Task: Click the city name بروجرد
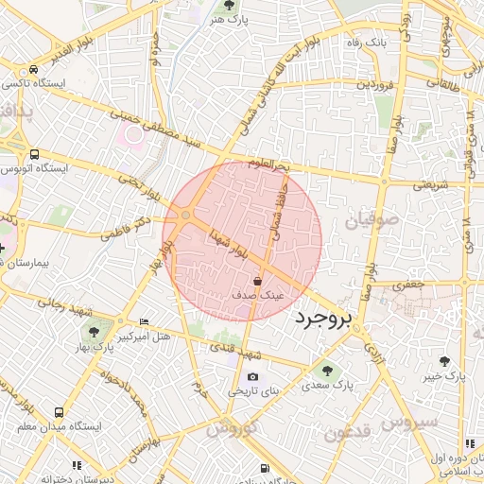(322, 319)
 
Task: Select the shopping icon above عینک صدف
(258, 281)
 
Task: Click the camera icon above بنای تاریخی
(252, 377)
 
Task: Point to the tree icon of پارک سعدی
(328, 371)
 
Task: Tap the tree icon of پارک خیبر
(444, 361)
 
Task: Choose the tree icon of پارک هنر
(229, 8)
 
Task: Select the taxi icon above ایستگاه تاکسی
(34, 69)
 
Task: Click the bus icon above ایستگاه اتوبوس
(34, 154)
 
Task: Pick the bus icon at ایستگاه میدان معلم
(59, 413)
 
